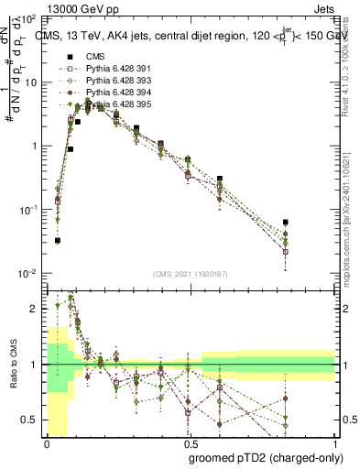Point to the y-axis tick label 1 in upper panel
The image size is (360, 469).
click(33, 147)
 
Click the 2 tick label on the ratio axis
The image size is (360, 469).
click(34, 309)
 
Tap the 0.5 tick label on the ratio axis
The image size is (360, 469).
click(29, 420)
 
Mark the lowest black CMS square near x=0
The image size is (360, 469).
click(57, 241)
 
